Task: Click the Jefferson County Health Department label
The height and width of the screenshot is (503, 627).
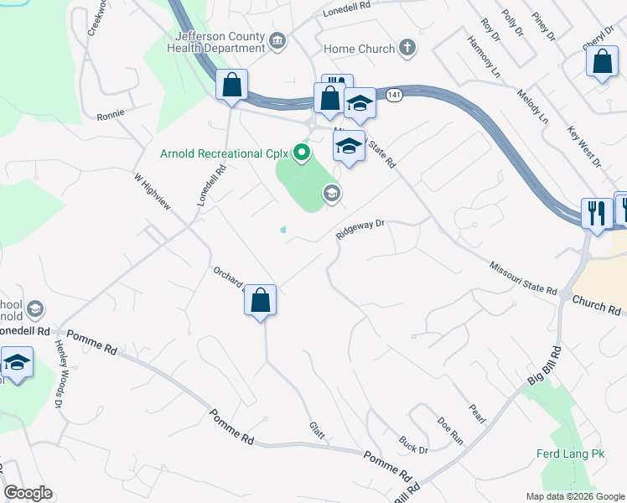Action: click(220, 43)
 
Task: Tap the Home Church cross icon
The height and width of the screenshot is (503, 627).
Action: click(407, 48)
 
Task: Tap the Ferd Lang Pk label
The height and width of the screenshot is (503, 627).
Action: click(570, 456)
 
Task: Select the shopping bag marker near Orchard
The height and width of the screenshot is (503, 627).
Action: click(261, 300)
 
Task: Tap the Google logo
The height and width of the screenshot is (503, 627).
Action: click(28, 493)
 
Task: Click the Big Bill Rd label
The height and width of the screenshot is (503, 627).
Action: click(542, 365)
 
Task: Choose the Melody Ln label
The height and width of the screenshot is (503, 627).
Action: click(532, 106)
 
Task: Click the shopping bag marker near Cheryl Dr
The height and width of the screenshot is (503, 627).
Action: click(602, 62)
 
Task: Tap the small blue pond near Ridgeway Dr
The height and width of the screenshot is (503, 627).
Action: click(283, 229)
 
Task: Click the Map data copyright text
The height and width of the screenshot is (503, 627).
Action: click(574, 496)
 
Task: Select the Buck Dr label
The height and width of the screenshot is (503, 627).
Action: click(413, 443)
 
